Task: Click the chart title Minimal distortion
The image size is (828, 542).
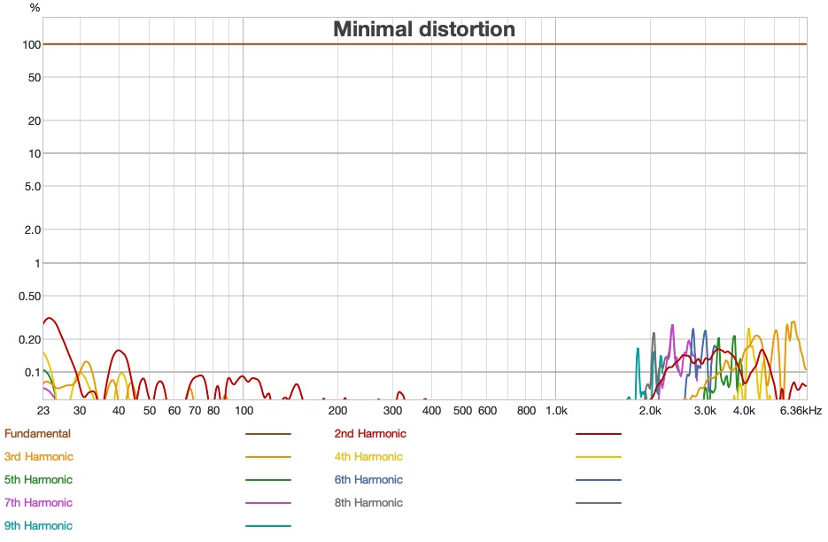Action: tap(423, 29)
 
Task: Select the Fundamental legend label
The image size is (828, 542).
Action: tap(37, 434)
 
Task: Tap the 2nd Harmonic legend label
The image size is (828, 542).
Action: tap(370, 434)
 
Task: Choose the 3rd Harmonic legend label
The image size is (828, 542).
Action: tap(39, 457)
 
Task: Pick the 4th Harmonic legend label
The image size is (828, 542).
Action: tap(368, 457)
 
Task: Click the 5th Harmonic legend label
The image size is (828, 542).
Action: tap(38, 480)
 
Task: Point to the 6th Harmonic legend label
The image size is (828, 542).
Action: tap(368, 480)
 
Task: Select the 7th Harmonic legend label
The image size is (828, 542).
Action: tap(38, 503)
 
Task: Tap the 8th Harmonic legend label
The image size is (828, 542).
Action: tap(368, 503)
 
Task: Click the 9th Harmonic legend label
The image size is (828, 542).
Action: tap(38, 526)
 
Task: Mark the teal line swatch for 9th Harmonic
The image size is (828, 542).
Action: tap(267, 526)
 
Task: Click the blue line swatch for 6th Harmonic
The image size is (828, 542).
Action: tap(598, 480)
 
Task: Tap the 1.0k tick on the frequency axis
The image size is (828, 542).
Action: tap(555, 411)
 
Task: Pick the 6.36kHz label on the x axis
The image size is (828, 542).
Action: tap(801, 411)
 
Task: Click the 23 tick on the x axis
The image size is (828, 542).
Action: tap(43, 411)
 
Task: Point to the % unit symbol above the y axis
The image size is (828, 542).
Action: tap(35, 8)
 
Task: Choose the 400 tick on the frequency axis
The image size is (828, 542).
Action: tap(431, 411)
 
